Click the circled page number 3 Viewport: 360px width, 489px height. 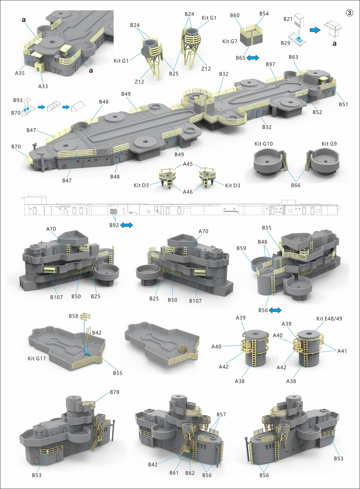click(349, 13)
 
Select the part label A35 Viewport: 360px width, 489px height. click(20, 73)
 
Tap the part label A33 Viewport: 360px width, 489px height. click(43, 86)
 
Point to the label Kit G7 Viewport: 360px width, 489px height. click(230, 41)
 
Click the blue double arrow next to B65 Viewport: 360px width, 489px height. click(252, 58)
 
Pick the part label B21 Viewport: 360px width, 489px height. click(288, 19)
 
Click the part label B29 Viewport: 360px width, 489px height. click(285, 43)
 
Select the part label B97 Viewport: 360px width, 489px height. click(270, 64)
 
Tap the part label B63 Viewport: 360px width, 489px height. click(293, 57)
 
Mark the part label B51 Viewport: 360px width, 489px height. click(343, 105)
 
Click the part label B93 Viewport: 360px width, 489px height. click(18, 100)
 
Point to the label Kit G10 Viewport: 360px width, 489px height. click(264, 144)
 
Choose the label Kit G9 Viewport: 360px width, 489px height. click(329, 144)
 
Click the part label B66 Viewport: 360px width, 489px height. click(296, 185)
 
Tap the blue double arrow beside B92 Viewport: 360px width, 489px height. click(126, 225)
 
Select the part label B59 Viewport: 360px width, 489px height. click(241, 248)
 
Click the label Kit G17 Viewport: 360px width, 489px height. click(37, 359)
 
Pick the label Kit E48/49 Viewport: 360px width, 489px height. click(329, 319)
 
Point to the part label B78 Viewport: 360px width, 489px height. click(114, 392)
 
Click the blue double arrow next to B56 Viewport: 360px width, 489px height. click(275, 310)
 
